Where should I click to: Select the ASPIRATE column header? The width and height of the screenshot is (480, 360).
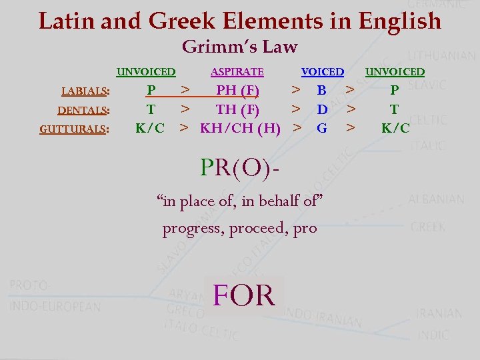pyautogui.click(x=237, y=72)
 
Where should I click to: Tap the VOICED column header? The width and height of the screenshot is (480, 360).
pyautogui.click(x=323, y=72)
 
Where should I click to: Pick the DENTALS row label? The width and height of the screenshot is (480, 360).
pyautogui.click(x=83, y=111)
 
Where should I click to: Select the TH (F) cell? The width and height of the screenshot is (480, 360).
pyautogui.click(x=237, y=109)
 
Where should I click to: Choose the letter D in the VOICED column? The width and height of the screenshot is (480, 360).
pyautogui.click(x=322, y=109)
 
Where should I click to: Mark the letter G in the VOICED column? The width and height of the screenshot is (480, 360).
pyautogui.click(x=322, y=127)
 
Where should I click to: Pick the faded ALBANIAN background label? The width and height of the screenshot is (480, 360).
pyautogui.click(x=436, y=199)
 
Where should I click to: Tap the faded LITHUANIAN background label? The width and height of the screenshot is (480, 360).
pyautogui.click(x=441, y=56)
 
